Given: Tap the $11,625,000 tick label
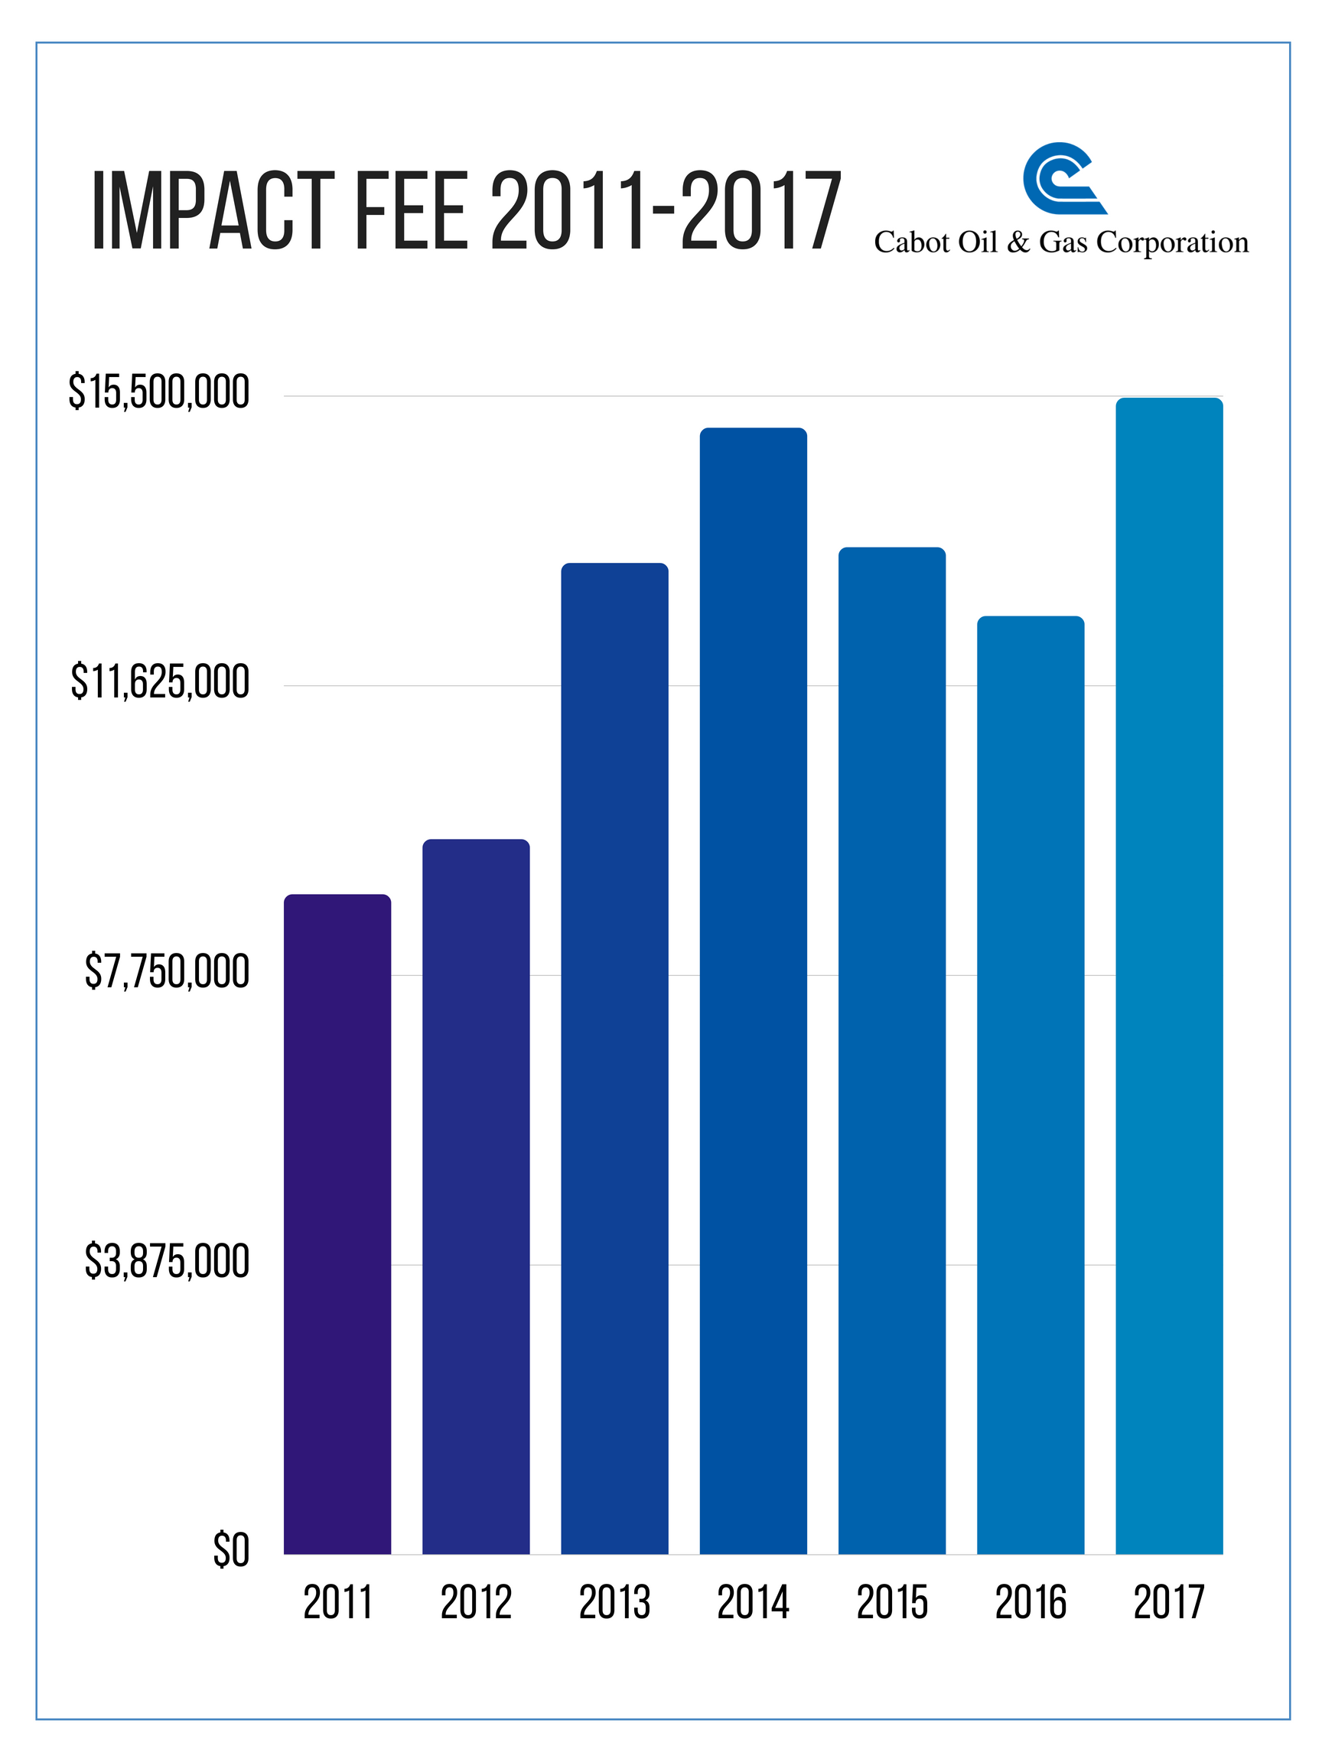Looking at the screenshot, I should pos(160,682).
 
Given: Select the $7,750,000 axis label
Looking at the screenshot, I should pos(168,972).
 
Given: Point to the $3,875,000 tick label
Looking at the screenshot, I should pos(168,1262).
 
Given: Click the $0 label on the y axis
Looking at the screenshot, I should pos(231,1551).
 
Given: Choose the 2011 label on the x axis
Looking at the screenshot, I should pos(338,1604).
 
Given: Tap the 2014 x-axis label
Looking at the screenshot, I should pos(753,1604).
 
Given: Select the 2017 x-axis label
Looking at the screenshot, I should pos(1169,1604).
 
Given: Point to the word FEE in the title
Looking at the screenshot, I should pos(409,212).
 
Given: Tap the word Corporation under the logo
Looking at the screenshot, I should pos(1172,242).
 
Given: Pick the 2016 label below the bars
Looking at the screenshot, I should pos(1031,1604).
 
